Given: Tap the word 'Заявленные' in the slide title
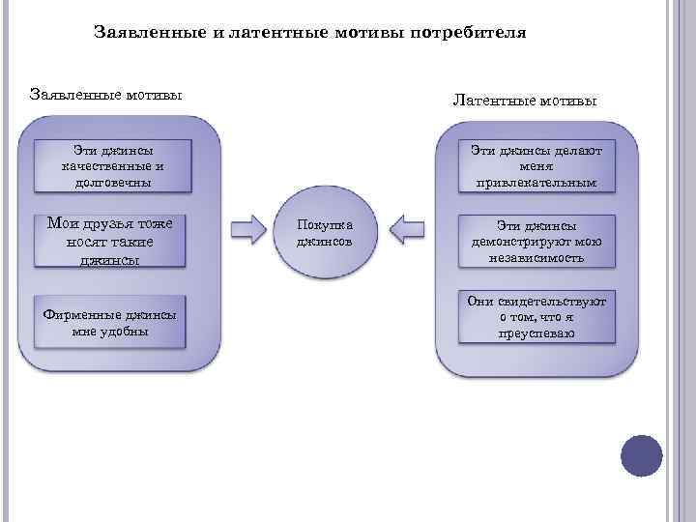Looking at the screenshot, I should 150,33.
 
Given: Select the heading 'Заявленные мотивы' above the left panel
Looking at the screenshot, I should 107,95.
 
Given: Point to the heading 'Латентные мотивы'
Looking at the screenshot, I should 525,101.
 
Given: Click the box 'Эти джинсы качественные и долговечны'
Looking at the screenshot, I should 112,165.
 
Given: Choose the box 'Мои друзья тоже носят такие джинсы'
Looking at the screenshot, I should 109,241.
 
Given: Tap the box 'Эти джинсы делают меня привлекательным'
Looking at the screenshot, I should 536,165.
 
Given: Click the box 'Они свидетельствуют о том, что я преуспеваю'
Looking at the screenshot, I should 536,318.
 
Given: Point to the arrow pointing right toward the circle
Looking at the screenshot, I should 248,231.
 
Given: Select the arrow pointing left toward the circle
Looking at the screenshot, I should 407,231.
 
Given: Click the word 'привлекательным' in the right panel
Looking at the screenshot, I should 536,182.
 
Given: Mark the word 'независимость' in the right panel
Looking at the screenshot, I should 536,258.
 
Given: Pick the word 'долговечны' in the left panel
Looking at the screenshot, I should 112,182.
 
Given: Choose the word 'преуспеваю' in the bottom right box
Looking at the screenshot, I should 536,333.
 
